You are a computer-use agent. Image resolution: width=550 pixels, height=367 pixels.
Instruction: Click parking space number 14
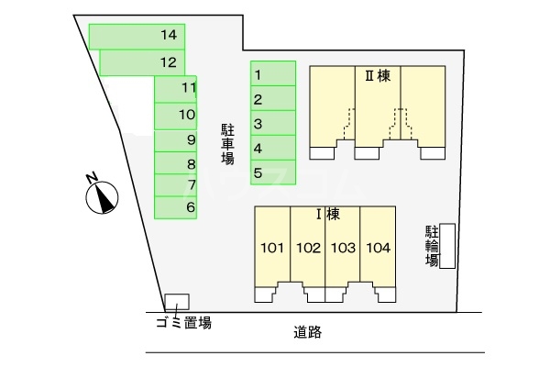pos(137,36)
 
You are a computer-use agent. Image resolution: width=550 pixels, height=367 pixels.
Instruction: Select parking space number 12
pos(142,62)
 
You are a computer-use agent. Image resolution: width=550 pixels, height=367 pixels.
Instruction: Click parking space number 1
pos(273,74)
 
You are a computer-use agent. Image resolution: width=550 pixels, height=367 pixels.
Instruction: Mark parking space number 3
pos(273,123)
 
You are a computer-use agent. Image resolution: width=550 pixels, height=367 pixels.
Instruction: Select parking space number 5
pos(273,172)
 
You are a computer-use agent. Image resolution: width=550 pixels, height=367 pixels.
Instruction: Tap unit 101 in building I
pos(272,248)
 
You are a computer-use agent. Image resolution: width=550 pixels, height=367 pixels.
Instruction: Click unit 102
pos(308,248)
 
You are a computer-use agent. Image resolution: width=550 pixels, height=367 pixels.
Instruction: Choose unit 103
pos(343,248)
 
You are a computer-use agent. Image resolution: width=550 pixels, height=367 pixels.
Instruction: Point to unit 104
pos(378,248)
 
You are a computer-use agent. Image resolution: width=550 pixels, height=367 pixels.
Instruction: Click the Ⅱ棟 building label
pos(379,77)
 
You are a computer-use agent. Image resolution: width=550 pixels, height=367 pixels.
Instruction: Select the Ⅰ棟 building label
pos(327,215)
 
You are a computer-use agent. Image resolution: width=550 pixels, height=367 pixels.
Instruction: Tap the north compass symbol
pos(103,195)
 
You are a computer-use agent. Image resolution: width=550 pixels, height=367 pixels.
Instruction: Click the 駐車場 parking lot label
pos(227,144)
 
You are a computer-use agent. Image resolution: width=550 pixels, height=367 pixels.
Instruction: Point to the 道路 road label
pos(308,332)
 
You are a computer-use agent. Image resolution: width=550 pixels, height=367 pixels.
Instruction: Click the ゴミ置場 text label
pos(182,322)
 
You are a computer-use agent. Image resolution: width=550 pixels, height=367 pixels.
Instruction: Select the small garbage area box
pos(177,301)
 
